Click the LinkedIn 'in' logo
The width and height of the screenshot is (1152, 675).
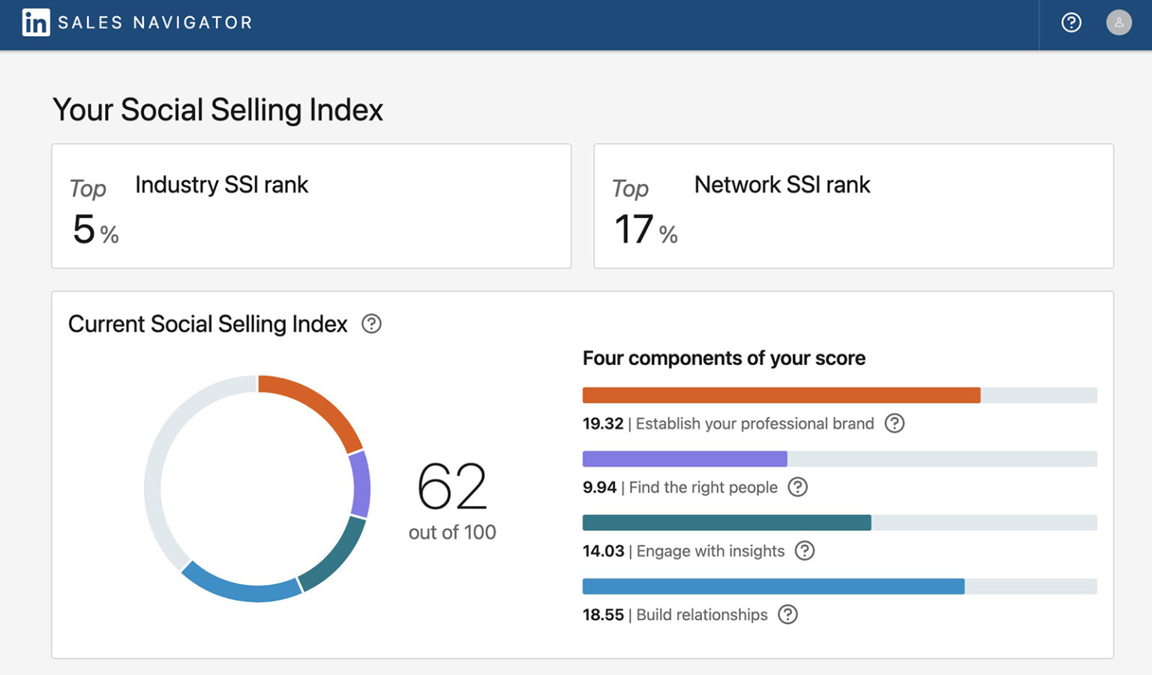pos(35,23)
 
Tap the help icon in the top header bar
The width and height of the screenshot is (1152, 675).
pos(1071,23)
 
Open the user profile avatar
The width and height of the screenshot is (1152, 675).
pos(1118,23)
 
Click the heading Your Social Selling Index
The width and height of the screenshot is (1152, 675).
pos(217,110)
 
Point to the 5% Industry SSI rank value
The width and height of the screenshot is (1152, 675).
pos(95,230)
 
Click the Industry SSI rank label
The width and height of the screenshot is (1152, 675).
pos(221,185)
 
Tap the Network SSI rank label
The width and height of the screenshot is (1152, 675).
pos(781,185)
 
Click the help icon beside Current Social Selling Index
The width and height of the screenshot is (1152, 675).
pos(371,324)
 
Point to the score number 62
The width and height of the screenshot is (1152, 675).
pos(451,487)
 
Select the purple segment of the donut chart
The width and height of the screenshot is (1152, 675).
pos(361,485)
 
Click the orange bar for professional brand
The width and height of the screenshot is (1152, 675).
pos(781,395)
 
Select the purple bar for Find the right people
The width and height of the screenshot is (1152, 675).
pos(684,459)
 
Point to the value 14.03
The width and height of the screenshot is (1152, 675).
pos(603,551)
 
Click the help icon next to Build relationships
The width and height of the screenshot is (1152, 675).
pos(787,615)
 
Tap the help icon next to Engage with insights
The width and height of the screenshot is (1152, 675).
pos(804,551)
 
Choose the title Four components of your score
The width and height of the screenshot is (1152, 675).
pos(724,358)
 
